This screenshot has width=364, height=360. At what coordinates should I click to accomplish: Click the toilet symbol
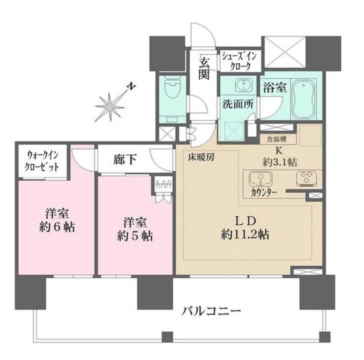point(172,87)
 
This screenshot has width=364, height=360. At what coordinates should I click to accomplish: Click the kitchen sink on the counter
point(261,179)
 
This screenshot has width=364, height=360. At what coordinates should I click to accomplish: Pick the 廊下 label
point(125,159)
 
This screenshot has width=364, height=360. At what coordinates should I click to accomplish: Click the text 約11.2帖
point(245,235)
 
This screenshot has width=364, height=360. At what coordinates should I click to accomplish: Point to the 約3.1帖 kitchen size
point(280,162)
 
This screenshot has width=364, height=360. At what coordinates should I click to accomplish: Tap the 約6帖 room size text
point(57,227)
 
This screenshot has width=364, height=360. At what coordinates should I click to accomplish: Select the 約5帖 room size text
point(135,237)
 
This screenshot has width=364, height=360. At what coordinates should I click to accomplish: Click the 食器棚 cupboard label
point(277,139)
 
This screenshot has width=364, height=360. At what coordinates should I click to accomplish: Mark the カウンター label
point(264,193)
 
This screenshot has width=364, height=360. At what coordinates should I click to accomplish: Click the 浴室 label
point(275,88)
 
